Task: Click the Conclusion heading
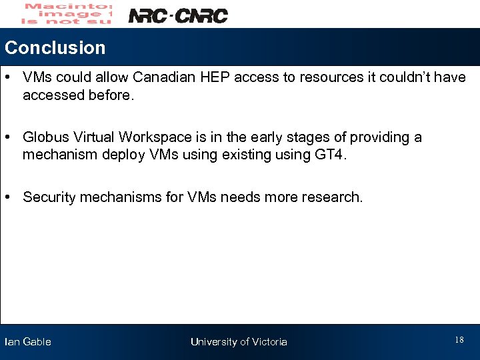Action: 55,48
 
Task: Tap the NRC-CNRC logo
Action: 177,15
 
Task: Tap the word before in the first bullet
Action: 111,95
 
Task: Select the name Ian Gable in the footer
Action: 27,342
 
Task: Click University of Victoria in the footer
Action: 239,342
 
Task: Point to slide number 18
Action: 459,341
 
